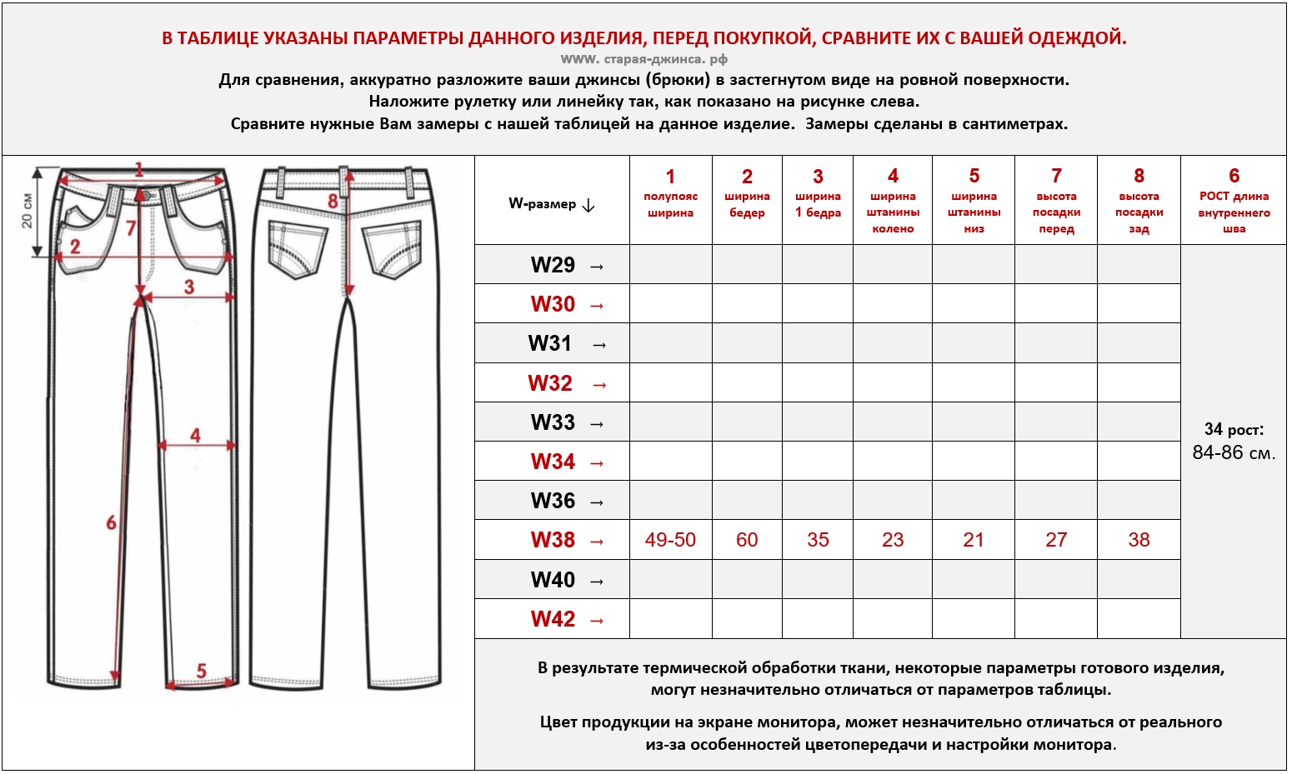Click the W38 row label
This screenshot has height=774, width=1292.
pos(553,540)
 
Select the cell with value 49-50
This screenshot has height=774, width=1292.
pos(670,540)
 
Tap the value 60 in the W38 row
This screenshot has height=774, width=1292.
pos(747,540)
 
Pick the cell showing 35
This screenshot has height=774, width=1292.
pos(818,540)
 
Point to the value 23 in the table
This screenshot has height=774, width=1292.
pos(893,540)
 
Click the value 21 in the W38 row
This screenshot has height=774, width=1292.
pos(974,540)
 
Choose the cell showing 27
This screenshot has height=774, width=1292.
pos(1056,540)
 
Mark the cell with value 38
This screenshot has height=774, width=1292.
pos(1139,540)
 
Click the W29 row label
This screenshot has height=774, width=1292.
pos(553,265)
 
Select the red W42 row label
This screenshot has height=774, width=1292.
pos(553,619)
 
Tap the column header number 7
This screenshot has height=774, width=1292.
pos(1056,176)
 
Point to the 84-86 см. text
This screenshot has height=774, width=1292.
pos(1234,453)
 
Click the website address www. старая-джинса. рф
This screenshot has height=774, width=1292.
pos(644,59)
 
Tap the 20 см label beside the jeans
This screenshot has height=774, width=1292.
pos(27,211)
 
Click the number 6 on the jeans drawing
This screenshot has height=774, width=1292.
pos(111,522)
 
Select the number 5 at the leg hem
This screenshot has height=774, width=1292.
pos(201,671)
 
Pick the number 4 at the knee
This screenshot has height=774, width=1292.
pos(195,435)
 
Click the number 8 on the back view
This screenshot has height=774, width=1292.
pos(333,201)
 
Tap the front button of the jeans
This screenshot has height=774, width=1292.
pos(147,195)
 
